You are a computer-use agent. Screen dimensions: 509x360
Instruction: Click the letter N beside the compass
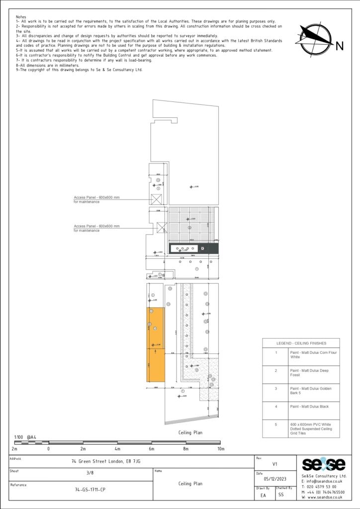pyautogui.click(x=340, y=47)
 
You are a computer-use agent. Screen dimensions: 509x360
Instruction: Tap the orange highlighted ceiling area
pyautogui.click(x=155, y=344)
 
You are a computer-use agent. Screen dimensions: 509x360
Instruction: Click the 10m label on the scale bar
pyautogui.click(x=221, y=449)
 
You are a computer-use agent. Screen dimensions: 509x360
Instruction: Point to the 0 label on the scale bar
pyautogui.click(x=48, y=449)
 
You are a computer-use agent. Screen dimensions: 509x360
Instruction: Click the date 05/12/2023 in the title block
pyautogui.click(x=275, y=480)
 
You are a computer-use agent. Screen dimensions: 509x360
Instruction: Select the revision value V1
pyautogui.click(x=275, y=464)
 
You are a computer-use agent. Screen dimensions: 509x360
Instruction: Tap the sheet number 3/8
pyautogui.click(x=90, y=473)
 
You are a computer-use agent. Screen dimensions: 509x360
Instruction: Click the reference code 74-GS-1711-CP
pyautogui.click(x=90, y=490)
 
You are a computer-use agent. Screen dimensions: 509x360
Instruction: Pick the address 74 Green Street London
pyautogui.click(x=105, y=461)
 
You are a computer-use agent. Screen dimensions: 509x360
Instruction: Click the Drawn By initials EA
pyautogui.click(x=264, y=495)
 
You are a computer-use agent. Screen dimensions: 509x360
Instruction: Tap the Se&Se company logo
pyautogui.click(x=324, y=465)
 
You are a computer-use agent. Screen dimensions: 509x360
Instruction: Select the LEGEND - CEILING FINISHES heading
pyautogui.click(x=301, y=343)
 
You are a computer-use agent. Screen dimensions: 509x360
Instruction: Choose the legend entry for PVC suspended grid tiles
pyautogui.click(x=307, y=428)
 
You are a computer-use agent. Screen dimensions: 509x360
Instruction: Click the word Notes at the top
pyautogui.click(x=21, y=17)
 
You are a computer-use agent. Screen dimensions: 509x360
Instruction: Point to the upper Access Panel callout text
pyautogui.click(x=96, y=198)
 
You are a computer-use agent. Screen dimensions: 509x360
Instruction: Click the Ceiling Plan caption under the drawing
pyautogui.click(x=190, y=432)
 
